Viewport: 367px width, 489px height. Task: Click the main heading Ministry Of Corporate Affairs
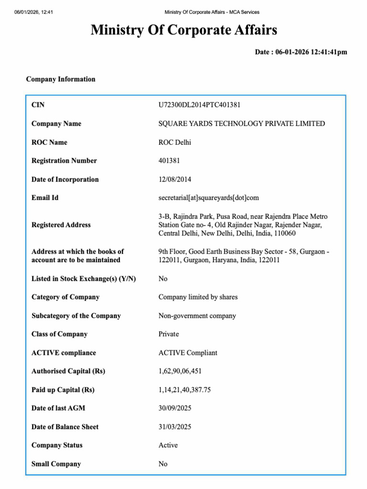(183, 31)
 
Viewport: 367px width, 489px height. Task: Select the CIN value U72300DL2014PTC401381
(203, 105)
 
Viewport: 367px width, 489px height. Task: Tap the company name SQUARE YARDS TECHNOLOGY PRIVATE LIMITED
(241, 124)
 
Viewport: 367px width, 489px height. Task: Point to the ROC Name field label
(49, 142)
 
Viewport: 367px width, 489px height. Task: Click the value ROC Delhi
(175, 142)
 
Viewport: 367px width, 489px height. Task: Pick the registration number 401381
(169, 161)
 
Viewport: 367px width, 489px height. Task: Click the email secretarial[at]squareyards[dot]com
(208, 198)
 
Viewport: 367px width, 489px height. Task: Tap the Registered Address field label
(61, 225)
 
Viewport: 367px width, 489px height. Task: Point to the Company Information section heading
(61, 79)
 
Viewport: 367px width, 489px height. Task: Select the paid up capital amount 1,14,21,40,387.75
(184, 390)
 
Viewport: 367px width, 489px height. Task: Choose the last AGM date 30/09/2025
(175, 408)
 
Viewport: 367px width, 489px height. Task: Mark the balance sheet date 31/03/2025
(175, 427)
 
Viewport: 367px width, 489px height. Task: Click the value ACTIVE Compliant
(188, 353)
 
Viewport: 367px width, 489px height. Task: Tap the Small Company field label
(56, 464)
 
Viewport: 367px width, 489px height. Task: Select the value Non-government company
(197, 316)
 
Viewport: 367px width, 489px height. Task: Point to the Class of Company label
(59, 334)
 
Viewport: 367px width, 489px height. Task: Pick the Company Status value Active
(168, 446)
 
